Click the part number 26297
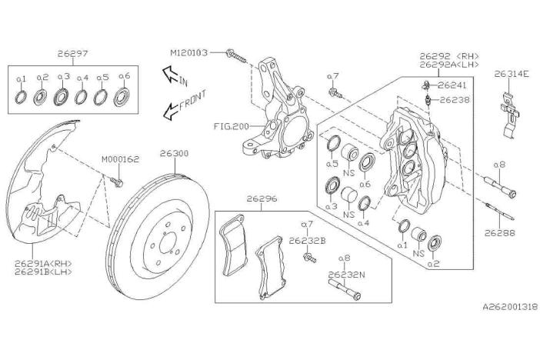point(72,54)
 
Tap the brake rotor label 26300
point(174,153)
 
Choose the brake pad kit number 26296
point(262,198)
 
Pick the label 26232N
point(345,274)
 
